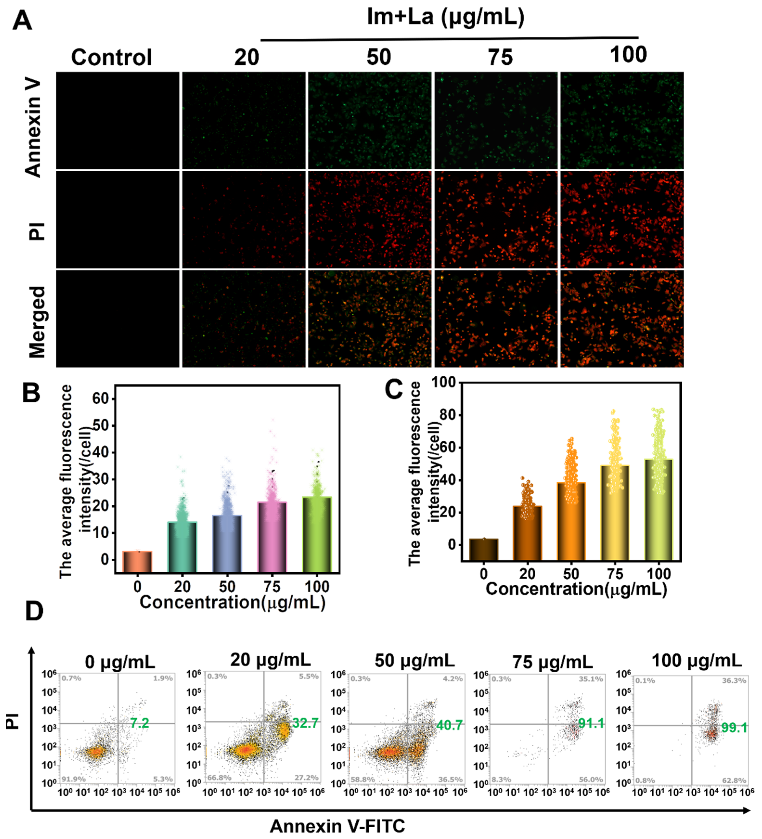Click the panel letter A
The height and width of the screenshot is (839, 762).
[22, 21]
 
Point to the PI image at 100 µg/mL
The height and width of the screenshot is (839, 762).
[621, 219]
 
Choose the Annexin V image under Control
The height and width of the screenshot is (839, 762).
[118, 121]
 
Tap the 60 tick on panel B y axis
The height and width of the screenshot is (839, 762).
[100, 399]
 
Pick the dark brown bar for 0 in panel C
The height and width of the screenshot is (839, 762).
[483, 549]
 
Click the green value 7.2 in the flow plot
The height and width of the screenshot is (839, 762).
[139, 723]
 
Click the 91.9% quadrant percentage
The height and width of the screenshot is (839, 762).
[74, 779]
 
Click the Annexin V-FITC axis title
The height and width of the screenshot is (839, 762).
[337, 826]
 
